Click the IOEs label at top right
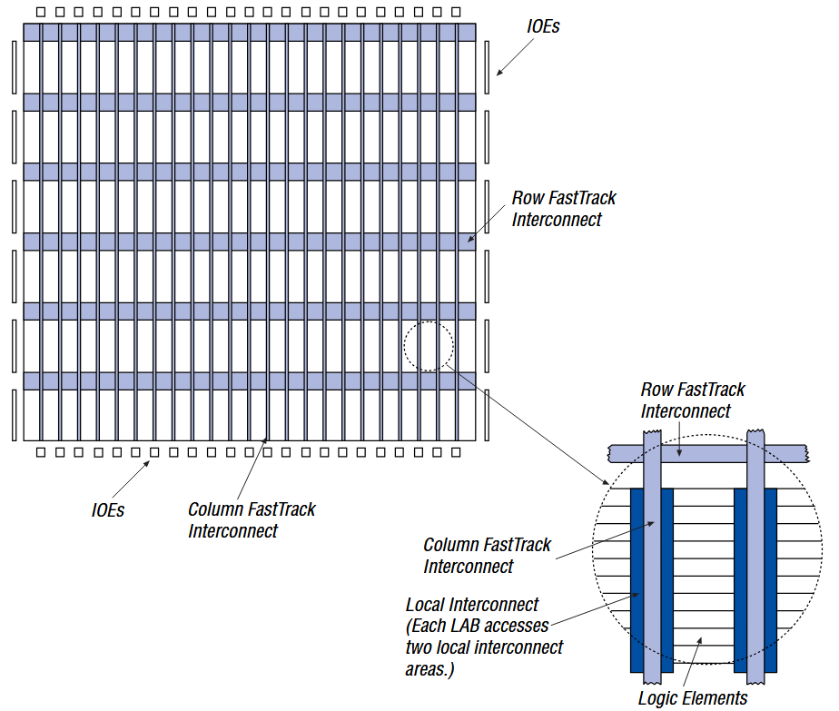point(543,26)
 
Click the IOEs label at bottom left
point(108,510)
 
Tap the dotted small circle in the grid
point(429,346)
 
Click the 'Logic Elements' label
point(692,697)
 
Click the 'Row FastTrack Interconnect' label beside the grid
point(563,209)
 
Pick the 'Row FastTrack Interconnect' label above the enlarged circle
point(693,400)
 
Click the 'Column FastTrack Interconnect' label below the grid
point(252,519)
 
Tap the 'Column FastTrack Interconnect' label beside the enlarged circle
point(487,556)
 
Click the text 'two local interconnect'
point(484,647)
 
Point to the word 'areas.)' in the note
point(429,669)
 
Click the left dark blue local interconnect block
point(637,581)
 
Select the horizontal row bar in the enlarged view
point(708,451)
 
